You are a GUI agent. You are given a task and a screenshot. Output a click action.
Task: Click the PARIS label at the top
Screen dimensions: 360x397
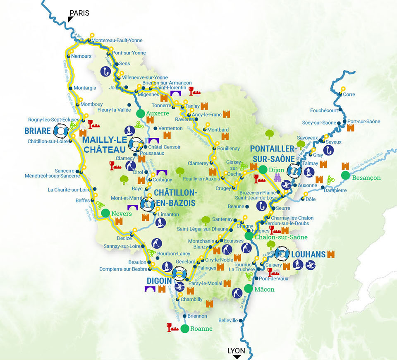click(x=79, y=13)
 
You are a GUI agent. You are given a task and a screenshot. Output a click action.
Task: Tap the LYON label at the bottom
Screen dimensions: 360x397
click(x=236, y=351)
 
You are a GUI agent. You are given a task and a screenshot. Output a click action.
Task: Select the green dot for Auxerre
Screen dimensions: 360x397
click(x=140, y=113)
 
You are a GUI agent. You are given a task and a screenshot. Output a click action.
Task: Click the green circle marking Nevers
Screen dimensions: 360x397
click(x=105, y=213)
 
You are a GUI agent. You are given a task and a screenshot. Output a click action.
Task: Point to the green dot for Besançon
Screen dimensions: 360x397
click(x=345, y=175)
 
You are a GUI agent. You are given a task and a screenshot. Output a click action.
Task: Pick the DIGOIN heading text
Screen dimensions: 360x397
click(x=159, y=281)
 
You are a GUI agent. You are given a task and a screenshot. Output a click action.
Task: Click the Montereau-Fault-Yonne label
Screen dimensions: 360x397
click(x=116, y=41)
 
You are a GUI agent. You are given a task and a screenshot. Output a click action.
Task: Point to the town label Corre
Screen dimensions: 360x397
click(x=349, y=94)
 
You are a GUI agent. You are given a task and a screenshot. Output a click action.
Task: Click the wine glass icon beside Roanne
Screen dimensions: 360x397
click(x=169, y=327)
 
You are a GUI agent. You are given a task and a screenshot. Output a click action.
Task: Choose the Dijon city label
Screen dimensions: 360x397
click(x=277, y=169)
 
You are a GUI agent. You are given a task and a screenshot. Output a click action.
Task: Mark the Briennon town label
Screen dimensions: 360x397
click(x=197, y=316)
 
